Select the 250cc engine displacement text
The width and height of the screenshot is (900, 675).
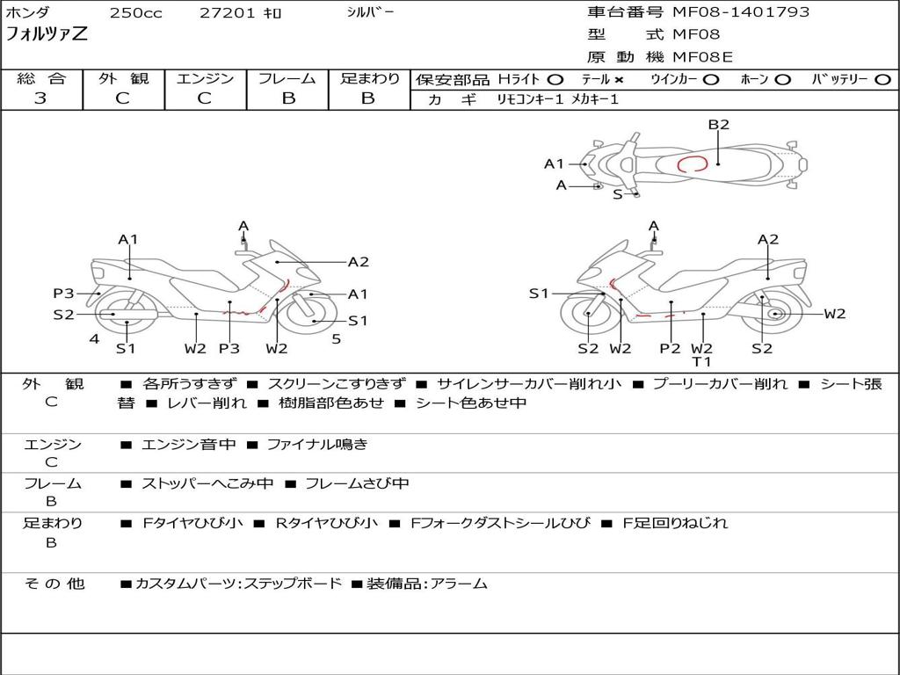pos(135,13)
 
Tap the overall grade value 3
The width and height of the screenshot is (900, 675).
pos(40,98)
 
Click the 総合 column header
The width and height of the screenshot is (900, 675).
pos(41,79)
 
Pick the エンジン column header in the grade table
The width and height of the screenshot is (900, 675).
pos(205,79)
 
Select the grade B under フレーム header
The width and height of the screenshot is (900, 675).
pos(287,98)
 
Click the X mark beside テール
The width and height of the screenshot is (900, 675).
pos(619,79)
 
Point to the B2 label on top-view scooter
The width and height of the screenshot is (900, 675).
pos(719,125)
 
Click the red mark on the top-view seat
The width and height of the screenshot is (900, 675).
pos(692,163)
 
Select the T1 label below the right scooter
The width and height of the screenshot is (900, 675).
pos(701,362)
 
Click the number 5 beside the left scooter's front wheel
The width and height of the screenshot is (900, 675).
pos(336,338)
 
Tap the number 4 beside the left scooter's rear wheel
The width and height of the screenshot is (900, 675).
pos(94,338)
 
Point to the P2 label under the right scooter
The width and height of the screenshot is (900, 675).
pos(670,348)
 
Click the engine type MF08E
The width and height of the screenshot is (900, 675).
pos(702,57)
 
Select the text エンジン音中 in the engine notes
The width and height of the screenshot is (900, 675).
pos(188,445)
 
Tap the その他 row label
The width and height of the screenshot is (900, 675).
pos(54,584)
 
